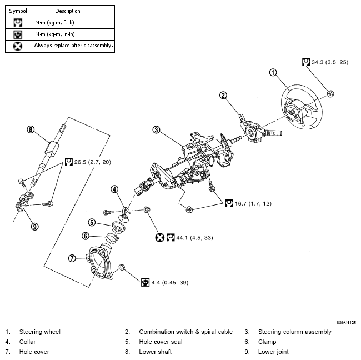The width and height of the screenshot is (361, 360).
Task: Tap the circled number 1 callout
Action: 273,72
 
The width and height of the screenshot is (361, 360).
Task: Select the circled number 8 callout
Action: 31,130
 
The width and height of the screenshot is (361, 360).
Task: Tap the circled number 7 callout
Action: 72,258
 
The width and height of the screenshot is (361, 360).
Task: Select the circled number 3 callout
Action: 157,130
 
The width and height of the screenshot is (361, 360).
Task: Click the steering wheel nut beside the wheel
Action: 329,93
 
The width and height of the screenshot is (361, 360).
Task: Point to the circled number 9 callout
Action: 34,226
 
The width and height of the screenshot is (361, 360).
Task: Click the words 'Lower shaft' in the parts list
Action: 155,352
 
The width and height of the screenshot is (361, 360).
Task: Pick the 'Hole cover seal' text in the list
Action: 162,342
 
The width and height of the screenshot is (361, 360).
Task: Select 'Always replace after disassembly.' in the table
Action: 73,46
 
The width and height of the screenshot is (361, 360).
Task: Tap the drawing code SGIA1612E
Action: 345,322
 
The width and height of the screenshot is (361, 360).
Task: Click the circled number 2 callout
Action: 223,95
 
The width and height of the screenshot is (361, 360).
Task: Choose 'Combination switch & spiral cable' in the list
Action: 185,332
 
